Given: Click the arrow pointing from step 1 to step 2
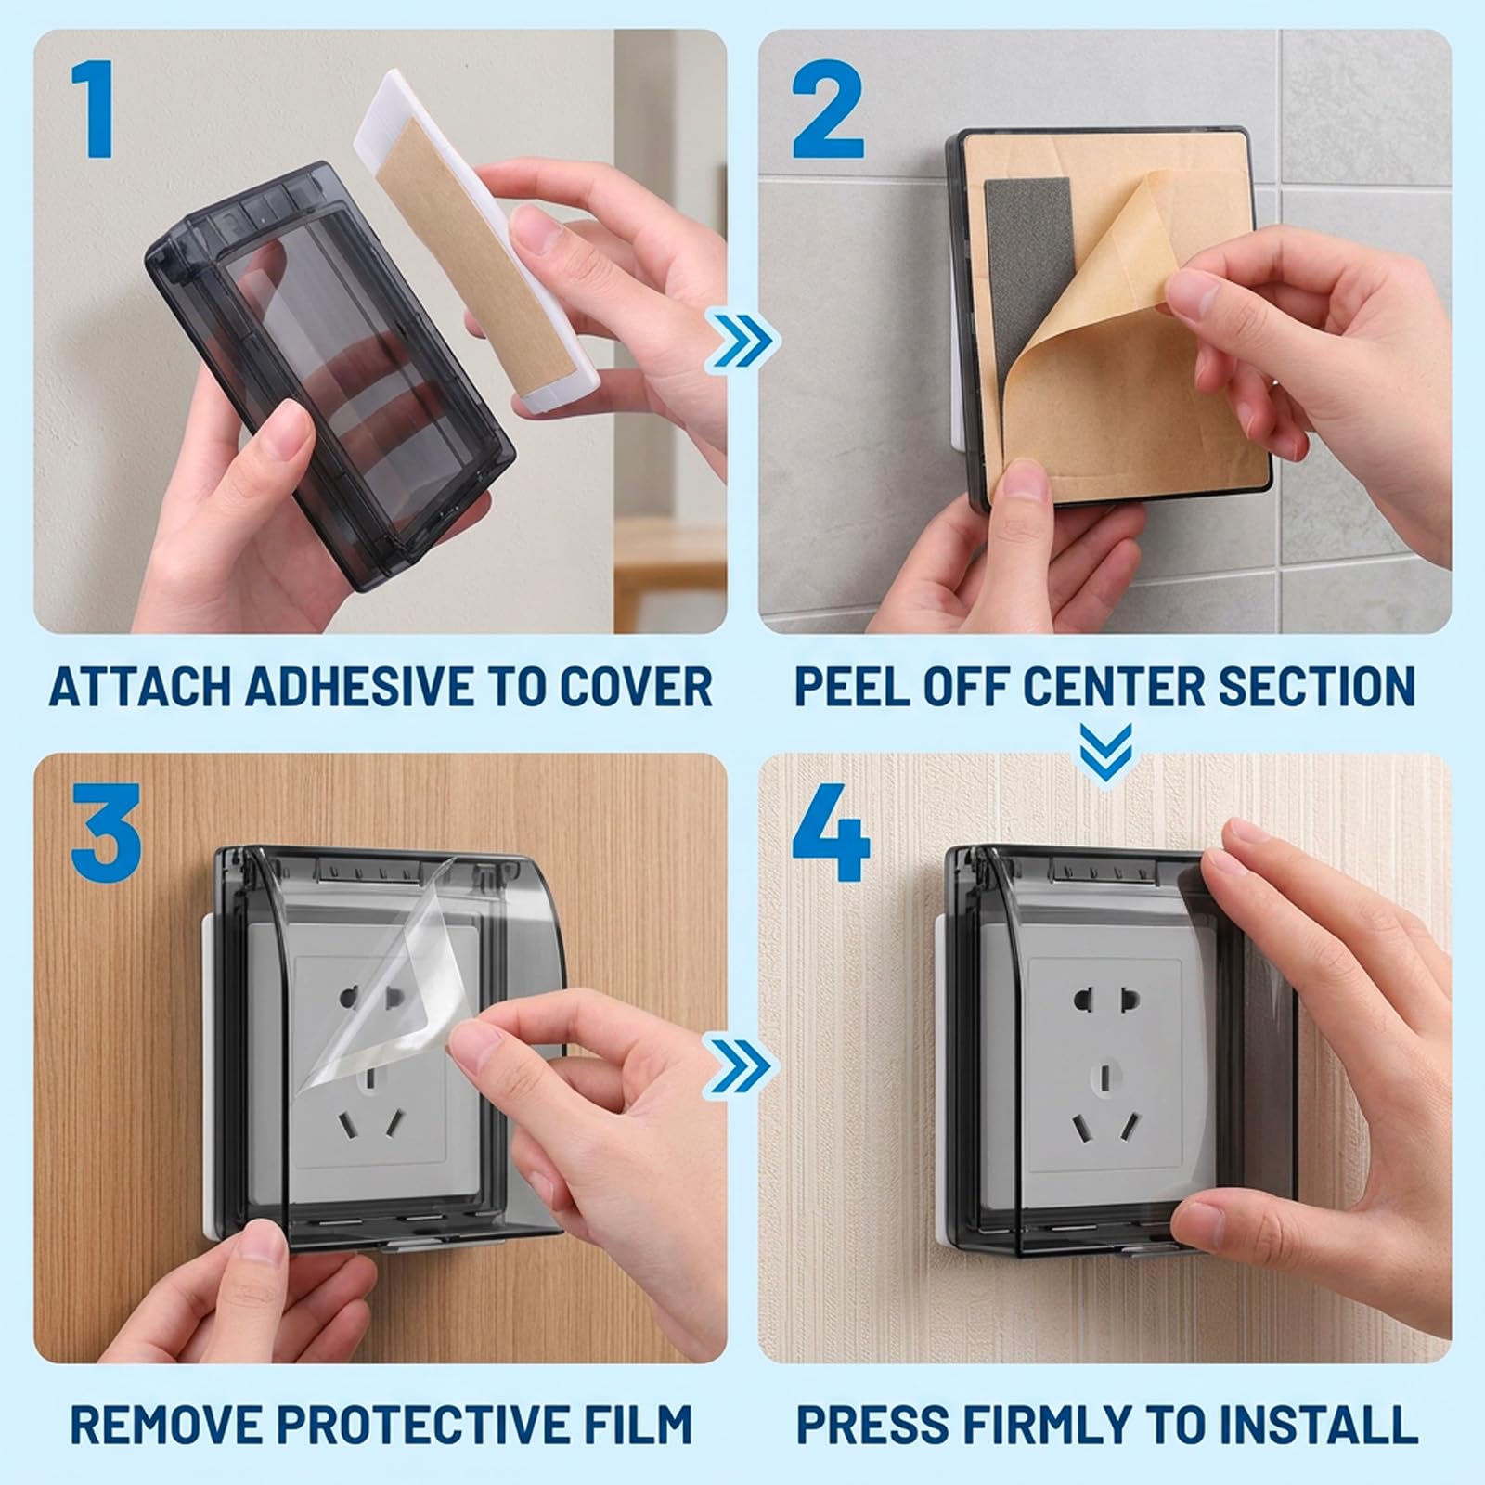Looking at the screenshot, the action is coord(743,341).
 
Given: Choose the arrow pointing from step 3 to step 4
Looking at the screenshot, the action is coord(743,1065).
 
